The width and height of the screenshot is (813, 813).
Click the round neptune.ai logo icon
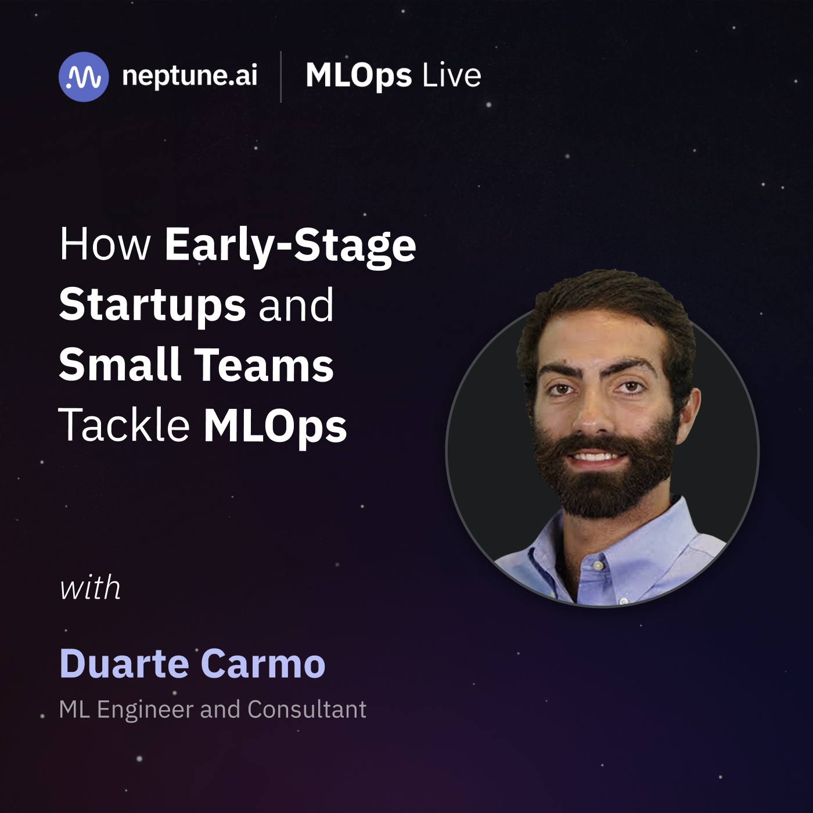point(84,77)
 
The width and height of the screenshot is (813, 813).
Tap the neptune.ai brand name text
point(189,76)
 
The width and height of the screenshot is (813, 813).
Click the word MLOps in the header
point(359,76)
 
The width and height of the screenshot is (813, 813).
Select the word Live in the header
point(451,75)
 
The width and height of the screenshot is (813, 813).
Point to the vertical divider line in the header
point(281,77)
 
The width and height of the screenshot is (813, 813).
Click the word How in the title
point(105,244)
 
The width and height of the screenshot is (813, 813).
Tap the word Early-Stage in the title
point(290,247)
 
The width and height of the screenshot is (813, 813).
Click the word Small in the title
point(120,364)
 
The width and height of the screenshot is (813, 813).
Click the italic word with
point(90,587)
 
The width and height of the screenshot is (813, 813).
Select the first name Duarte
point(124,663)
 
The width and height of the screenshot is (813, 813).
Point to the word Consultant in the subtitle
point(307,709)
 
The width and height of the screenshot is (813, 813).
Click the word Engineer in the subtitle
point(145,710)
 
